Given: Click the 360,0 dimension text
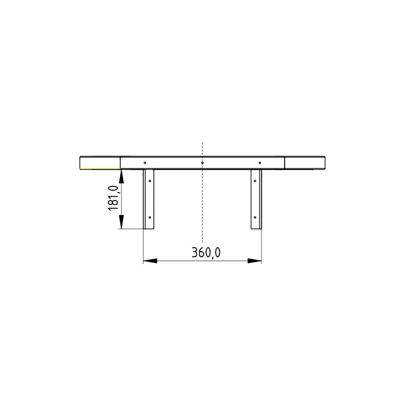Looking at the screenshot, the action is click(206, 252).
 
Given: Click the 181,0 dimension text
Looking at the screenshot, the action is click(113, 198).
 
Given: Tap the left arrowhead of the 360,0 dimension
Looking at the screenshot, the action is click(150, 261).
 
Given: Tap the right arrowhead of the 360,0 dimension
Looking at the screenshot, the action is click(255, 261).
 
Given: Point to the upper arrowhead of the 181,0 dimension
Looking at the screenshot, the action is click(121, 176).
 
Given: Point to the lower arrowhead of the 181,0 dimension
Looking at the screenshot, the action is click(121, 222).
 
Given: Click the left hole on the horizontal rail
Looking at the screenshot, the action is click(145, 163).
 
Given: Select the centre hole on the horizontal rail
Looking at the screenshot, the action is click(202, 163).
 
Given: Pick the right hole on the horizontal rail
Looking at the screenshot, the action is click(260, 163).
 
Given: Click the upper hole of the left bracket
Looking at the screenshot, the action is click(150, 181).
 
